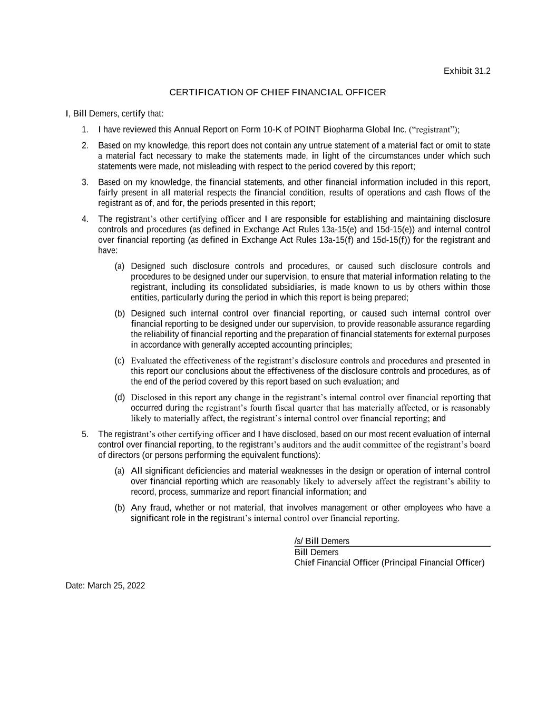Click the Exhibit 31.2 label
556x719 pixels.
point(466,71)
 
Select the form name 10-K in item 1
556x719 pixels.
point(272,130)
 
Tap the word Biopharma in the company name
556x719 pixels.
point(342,130)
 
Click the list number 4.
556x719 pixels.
point(85,219)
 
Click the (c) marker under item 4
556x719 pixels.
point(120,361)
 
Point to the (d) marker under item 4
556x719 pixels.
point(120,397)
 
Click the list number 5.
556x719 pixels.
point(85,434)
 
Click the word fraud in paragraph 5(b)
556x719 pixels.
point(160,508)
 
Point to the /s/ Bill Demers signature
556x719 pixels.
point(321,541)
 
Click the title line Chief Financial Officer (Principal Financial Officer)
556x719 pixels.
point(389,563)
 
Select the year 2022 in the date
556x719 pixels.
point(135,586)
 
